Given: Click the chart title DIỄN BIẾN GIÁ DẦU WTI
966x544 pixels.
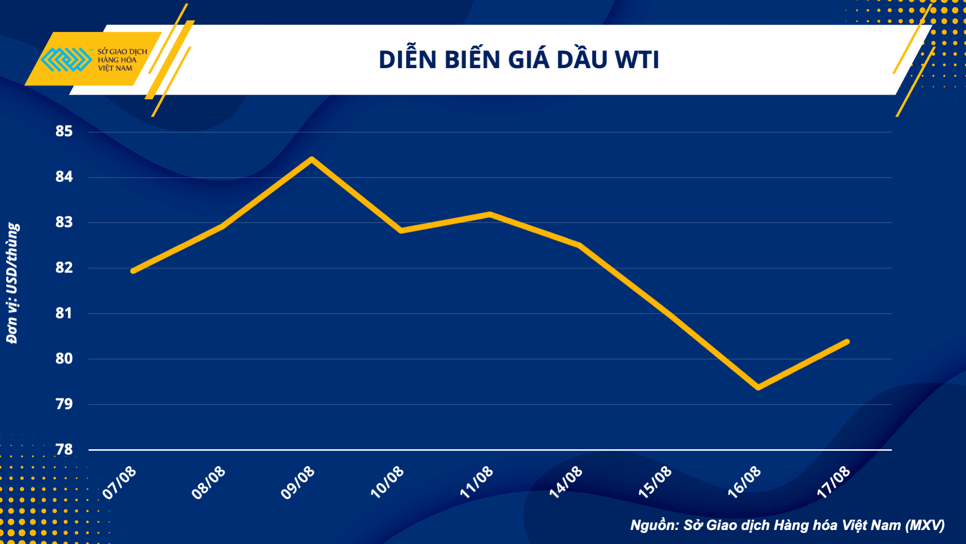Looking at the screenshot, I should [x=518, y=60].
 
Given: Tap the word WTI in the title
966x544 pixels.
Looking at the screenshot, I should [x=636, y=60].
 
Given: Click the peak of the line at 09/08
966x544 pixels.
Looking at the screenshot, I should [x=312, y=159].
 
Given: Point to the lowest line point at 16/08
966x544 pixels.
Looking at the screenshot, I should [x=758, y=387].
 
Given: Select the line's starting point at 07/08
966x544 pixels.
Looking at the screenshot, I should [x=133, y=271].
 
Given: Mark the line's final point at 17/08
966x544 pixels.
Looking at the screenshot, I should [x=847, y=342].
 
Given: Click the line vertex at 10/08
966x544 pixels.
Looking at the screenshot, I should [x=401, y=231].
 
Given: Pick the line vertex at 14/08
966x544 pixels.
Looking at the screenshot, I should [x=579, y=245].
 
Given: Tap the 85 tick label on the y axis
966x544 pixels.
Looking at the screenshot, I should [x=64, y=131].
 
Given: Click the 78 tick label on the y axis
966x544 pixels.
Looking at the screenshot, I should [x=64, y=450].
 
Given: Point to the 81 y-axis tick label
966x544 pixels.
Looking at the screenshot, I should [x=64, y=314].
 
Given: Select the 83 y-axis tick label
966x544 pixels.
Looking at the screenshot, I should [x=64, y=222].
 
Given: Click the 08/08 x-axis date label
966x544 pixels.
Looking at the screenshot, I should [x=209, y=483].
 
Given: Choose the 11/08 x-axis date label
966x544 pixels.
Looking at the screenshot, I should [x=476, y=483].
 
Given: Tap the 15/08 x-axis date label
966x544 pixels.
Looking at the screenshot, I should [x=655, y=483].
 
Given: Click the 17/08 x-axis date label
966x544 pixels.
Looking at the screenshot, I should [x=833, y=483].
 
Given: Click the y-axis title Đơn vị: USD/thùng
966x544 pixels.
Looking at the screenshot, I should [x=13, y=283].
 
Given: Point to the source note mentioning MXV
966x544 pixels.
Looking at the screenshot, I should [x=787, y=525].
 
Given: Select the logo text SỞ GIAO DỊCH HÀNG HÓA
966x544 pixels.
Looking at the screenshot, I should [x=122, y=56].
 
